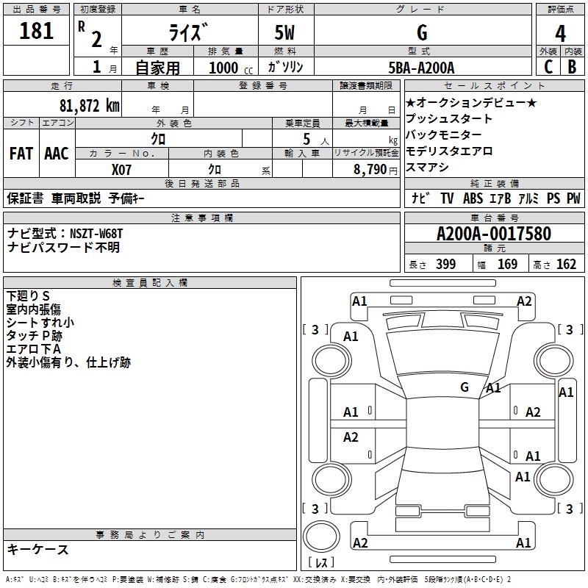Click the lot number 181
tap(36, 30)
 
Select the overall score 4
tap(560, 34)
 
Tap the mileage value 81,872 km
tap(90, 106)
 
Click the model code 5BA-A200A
tap(421, 68)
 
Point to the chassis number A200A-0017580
tap(494, 234)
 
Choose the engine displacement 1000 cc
tap(231, 68)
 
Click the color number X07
tap(121, 170)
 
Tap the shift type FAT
tap(21, 154)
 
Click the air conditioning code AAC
tap(57, 154)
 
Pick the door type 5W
tap(284, 32)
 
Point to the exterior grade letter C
tap(548, 67)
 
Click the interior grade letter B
tap(572, 67)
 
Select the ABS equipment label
tap(473, 198)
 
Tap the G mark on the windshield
tap(465, 387)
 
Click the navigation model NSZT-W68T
tap(96, 234)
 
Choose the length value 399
tap(446, 264)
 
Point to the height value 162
tap(566, 264)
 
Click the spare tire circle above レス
tap(321, 537)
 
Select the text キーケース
tap(37, 549)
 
